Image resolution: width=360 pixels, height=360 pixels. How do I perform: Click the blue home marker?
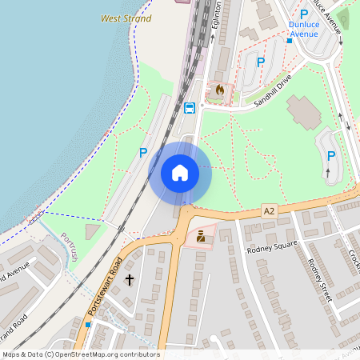coord(180,173)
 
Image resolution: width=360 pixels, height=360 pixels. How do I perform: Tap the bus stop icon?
coord(190,108)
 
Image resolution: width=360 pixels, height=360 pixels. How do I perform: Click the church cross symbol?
coord(130,280)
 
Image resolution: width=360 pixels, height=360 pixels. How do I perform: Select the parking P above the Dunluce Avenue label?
coord(303,14)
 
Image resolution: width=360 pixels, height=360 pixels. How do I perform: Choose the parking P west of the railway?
coord(143,152)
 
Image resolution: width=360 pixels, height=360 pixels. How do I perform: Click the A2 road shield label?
coord(269,210)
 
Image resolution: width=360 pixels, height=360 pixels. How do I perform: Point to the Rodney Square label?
coord(272,244)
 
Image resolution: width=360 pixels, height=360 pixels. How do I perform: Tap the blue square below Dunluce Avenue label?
coord(289,40)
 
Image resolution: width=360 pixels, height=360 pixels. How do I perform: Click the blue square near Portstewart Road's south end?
coord(88,325)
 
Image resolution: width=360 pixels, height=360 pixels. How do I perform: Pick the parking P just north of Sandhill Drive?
coord(260,62)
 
